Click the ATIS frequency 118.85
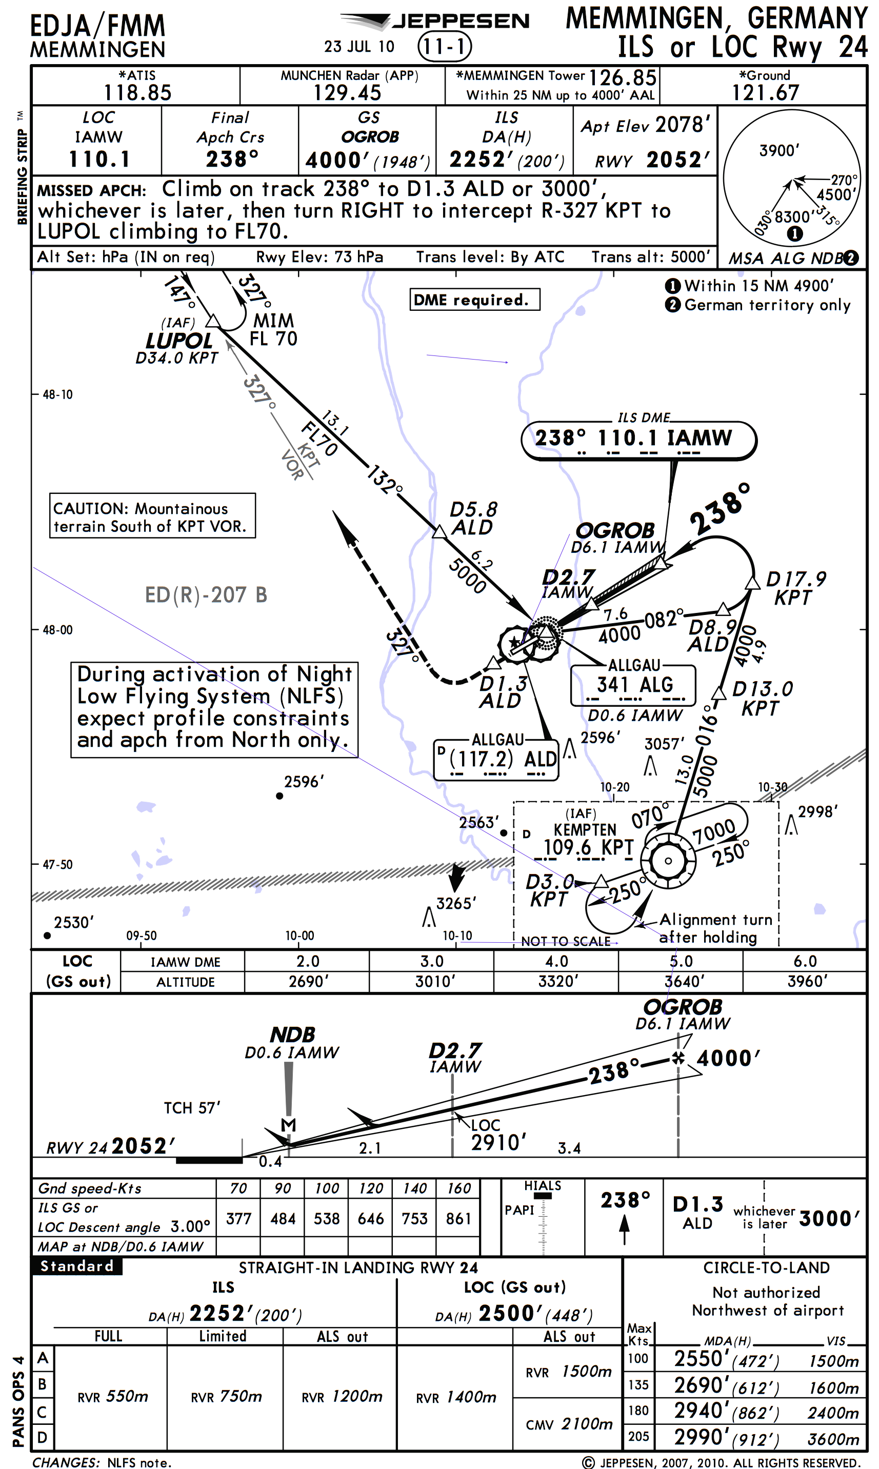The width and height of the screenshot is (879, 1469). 137,93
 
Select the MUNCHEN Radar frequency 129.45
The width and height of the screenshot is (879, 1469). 347,93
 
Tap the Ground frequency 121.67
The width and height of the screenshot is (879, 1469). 765,93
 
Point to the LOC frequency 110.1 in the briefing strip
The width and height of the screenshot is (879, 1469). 99,160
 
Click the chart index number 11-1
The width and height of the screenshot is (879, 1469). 444,46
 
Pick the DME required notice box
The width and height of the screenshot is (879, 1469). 474,300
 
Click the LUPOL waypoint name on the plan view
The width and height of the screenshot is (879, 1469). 179,341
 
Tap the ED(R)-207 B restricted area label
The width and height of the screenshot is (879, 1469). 206,594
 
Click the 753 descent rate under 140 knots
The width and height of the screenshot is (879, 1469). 414,1219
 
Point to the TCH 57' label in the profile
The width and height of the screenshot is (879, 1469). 192,1108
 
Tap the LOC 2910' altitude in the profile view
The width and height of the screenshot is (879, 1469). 498,1142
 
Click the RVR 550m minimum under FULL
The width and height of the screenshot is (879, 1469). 112,1396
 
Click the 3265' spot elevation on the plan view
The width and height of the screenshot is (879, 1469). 455,903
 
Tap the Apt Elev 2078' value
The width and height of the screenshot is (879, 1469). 683,125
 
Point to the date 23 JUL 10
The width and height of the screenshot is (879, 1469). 359,47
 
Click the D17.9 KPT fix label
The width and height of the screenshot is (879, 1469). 795,588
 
